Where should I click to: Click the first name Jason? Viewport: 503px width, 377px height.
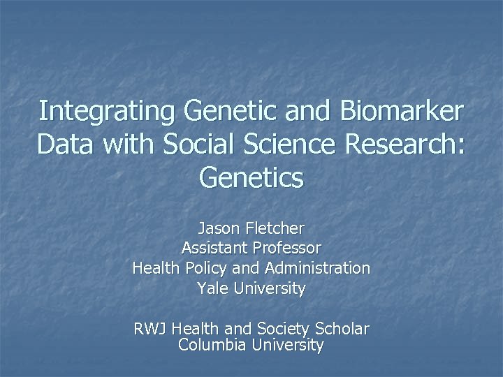point(217,228)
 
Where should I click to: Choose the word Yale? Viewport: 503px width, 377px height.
point(210,288)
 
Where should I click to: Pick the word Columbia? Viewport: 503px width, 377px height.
point(211,344)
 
